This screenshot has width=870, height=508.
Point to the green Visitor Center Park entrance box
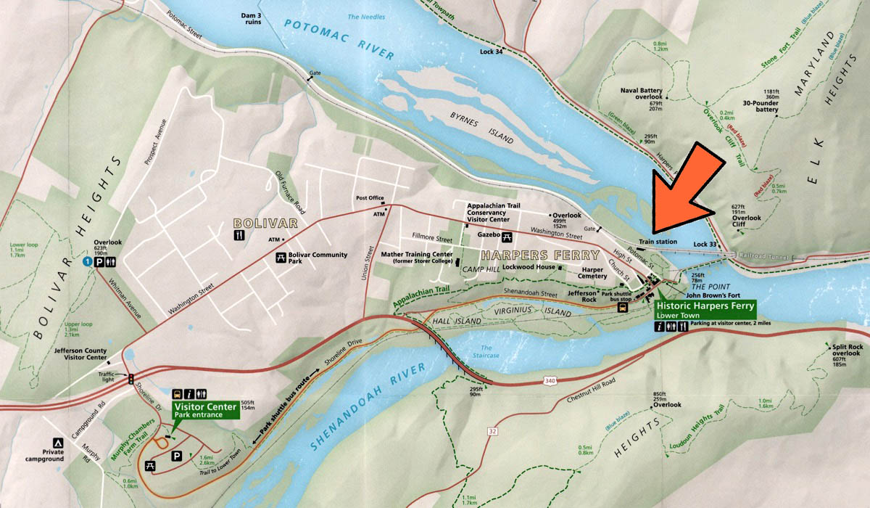205,410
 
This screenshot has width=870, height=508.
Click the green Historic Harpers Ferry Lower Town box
704,311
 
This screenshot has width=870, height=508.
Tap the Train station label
658,242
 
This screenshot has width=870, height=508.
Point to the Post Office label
370,198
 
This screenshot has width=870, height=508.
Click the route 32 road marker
493,431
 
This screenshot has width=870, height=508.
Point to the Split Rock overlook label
846,351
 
